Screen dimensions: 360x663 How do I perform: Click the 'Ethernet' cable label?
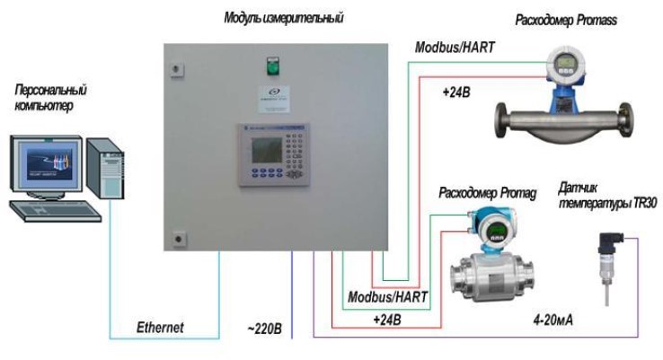[159, 328]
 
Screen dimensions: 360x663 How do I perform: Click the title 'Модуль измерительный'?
[283, 17]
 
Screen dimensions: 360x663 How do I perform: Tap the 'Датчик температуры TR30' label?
[607, 197]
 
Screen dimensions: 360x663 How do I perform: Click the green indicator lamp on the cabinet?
[268, 64]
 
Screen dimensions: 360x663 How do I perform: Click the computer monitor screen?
[49, 166]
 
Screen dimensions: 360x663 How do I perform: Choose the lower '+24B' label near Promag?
[387, 319]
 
